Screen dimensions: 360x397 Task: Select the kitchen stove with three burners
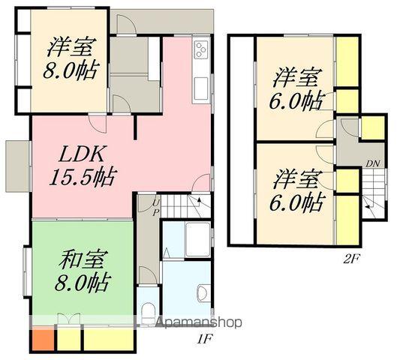pos(201,50)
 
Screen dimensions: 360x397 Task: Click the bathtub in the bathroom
pos(197,239)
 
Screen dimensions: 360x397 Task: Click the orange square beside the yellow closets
pos(42,338)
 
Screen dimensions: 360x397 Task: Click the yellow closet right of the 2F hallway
pos(373,127)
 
